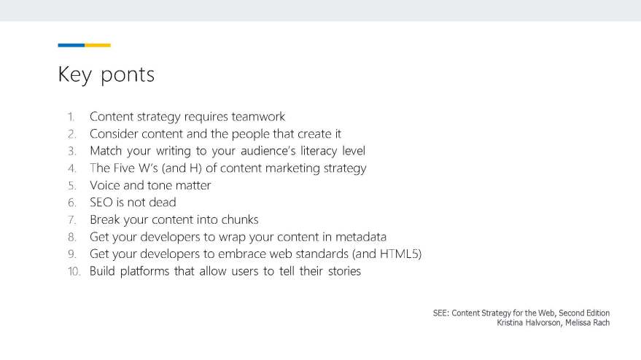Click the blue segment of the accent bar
[x=71, y=45]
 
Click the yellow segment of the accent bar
[x=98, y=45]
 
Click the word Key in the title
[x=75, y=75]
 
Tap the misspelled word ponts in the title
[x=128, y=75]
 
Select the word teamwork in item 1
[x=258, y=117]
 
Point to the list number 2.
[x=72, y=134]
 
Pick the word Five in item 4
[x=123, y=168]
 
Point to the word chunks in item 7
[x=240, y=219]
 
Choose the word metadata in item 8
[x=360, y=237]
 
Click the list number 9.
[x=72, y=254]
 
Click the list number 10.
[x=74, y=271]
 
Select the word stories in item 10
[x=345, y=271]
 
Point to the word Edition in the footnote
[x=598, y=313]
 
